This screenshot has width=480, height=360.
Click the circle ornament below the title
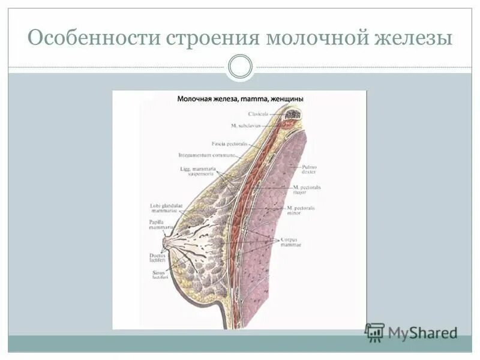coord(240,67)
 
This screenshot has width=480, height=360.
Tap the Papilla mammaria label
coord(161,224)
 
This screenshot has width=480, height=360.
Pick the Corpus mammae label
coord(290,242)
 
